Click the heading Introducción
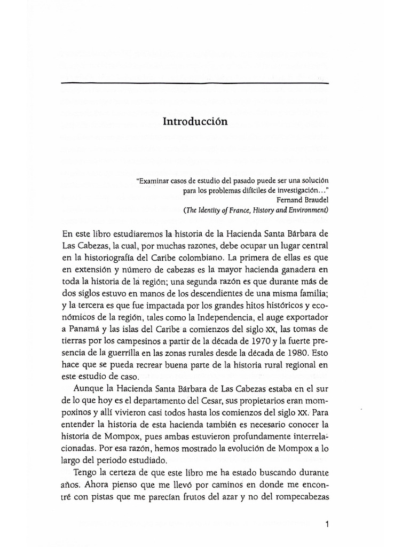click(x=195, y=122)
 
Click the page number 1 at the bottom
click(x=327, y=525)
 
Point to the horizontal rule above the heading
click(x=195, y=84)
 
